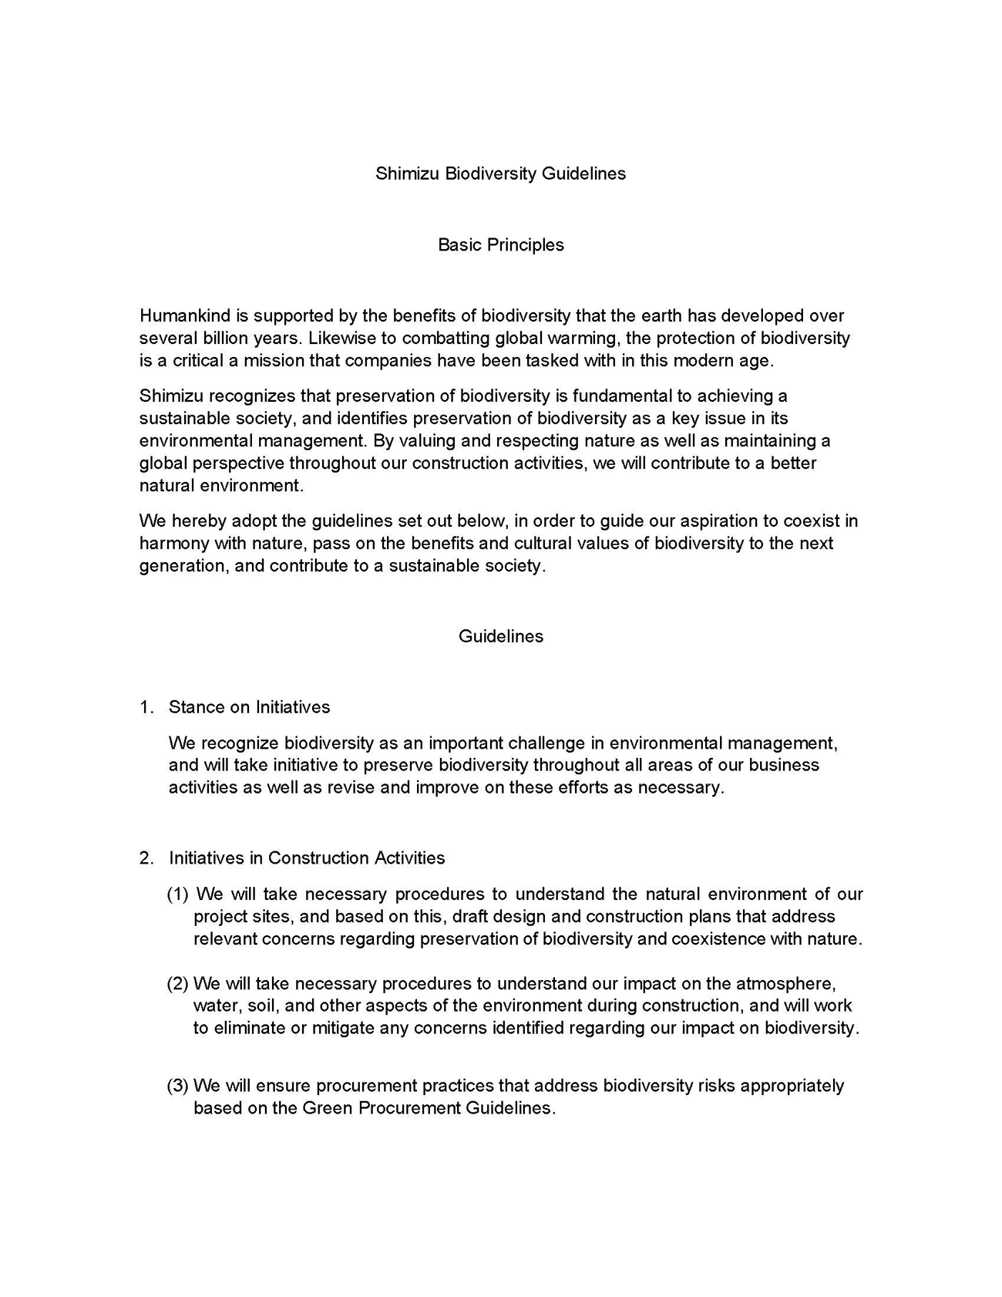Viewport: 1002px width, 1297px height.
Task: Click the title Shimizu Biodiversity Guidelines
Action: click(x=500, y=173)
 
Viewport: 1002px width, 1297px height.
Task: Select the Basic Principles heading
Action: click(x=500, y=244)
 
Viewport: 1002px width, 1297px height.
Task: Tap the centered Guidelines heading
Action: click(x=500, y=636)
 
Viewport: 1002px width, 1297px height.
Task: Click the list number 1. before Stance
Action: click(x=146, y=707)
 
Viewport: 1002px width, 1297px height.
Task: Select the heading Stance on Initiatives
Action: click(x=249, y=707)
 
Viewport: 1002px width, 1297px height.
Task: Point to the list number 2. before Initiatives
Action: click(x=146, y=857)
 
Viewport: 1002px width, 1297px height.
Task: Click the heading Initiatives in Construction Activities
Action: click(x=307, y=857)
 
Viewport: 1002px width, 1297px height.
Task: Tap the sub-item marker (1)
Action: click(x=177, y=894)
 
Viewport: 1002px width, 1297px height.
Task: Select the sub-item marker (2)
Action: click(x=177, y=983)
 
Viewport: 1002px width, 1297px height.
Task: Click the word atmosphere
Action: click(x=785, y=983)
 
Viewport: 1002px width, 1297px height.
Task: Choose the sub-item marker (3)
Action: click(x=177, y=1085)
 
